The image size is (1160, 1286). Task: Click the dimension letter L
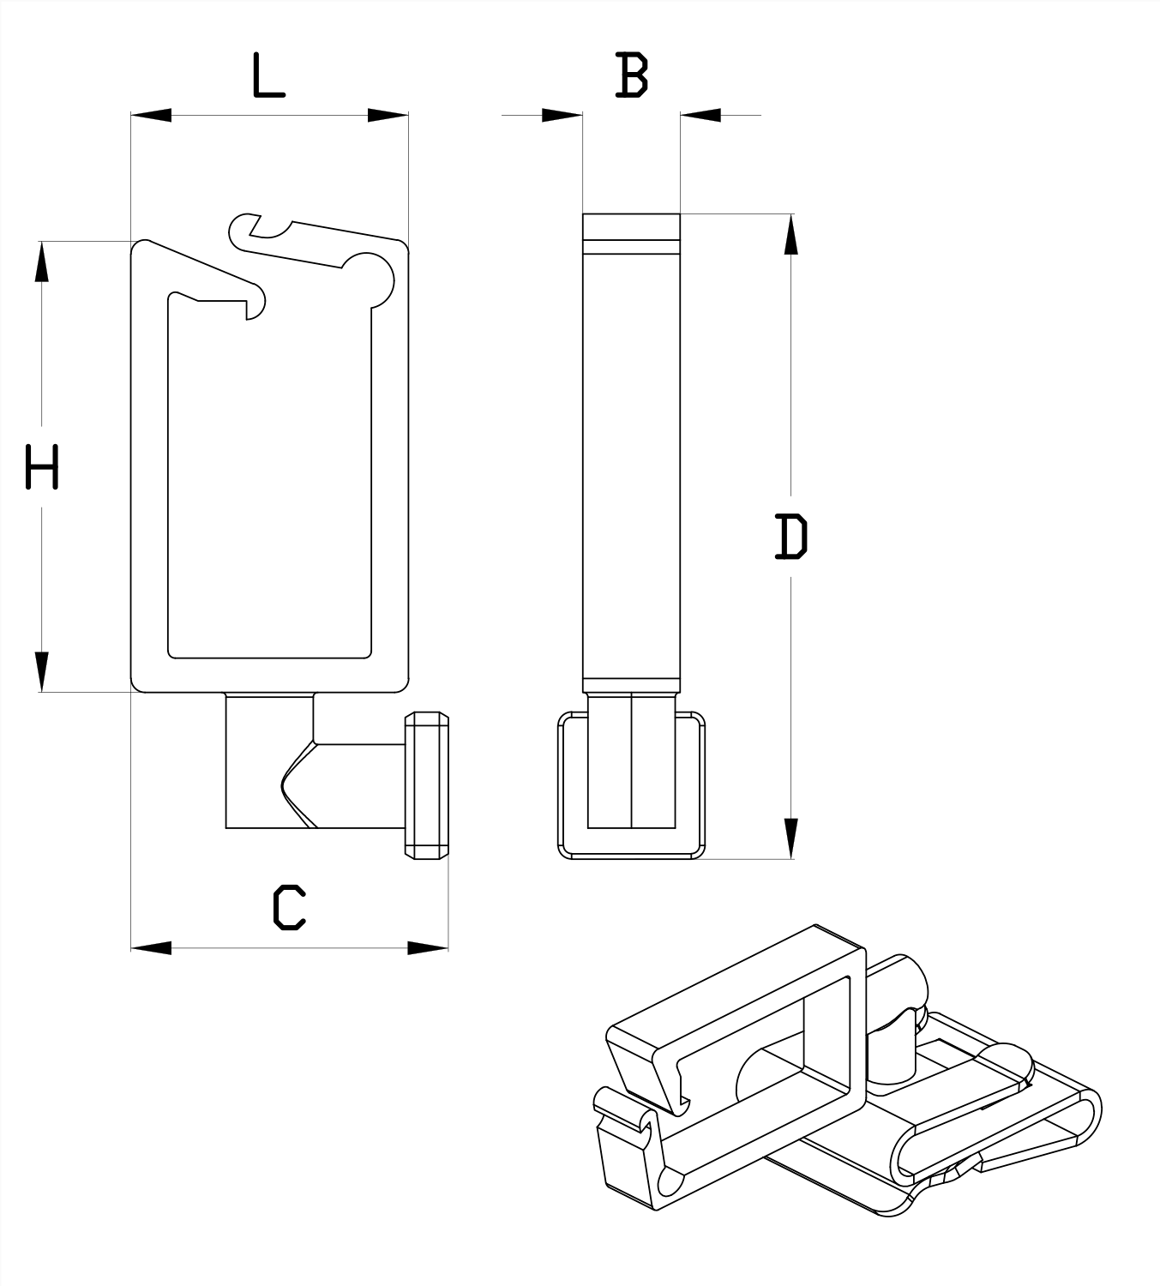(268, 75)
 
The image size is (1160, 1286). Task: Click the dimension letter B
(632, 75)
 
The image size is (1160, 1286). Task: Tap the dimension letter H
(42, 466)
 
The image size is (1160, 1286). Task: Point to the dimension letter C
(289, 907)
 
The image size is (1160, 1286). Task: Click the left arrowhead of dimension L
(152, 116)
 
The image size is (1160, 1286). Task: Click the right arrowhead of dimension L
(388, 116)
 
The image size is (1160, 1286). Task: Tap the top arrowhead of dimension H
(42, 261)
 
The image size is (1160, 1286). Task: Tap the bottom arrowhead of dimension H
(42, 672)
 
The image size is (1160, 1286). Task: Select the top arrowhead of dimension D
(791, 234)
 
